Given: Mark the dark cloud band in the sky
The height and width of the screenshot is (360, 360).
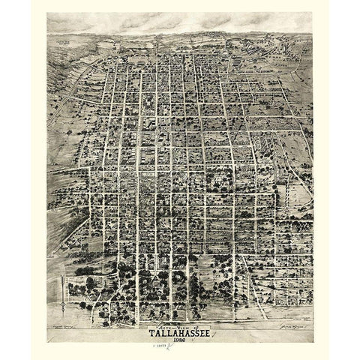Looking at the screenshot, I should [180, 22].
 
